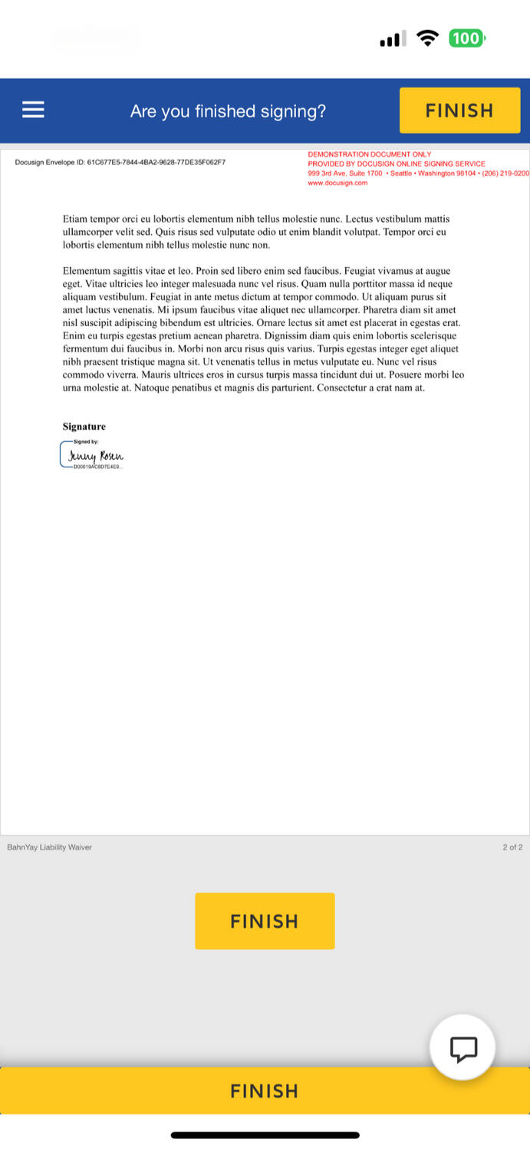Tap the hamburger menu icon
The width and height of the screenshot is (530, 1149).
[x=33, y=111]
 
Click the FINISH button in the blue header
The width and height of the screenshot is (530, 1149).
[x=459, y=111]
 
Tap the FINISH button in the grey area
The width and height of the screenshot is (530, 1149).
[x=265, y=921]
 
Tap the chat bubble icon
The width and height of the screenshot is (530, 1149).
[x=463, y=1048]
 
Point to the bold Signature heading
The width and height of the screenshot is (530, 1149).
[x=84, y=427]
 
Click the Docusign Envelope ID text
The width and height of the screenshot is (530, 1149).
[x=120, y=163]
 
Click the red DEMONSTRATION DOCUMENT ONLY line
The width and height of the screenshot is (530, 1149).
[x=369, y=154]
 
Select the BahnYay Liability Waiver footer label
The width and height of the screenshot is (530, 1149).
[x=49, y=847]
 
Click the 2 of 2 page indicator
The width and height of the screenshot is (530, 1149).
[x=512, y=847]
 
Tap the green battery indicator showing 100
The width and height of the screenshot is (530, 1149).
[x=466, y=38]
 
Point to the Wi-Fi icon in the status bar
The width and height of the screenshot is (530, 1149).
[x=427, y=38]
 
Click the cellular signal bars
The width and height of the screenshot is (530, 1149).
[x=393, y=39]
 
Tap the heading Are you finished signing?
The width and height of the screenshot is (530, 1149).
[x=228, y=111]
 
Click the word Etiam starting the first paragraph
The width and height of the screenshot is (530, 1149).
[x=75, y=220]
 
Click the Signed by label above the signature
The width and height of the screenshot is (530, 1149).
[x=86, y=442]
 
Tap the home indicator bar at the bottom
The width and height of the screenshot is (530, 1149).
[x=265, y=1134]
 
